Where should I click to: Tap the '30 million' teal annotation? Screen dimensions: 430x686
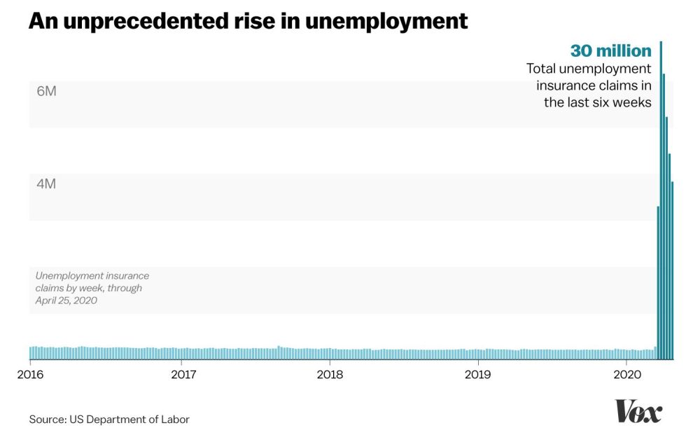pyautogui.click(x=610, y=51)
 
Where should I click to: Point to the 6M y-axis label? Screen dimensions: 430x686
pyautogui.click(x=46, y=92)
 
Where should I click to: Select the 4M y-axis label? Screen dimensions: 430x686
pyautogui.click(x=46, y=184)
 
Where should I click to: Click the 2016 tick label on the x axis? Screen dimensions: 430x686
pyautogui.click(x=30, y=374)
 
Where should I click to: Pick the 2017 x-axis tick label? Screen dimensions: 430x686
pyautogui.click(x=183, y=374)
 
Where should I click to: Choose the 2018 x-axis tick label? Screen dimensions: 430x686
pyautogui.click(x=330, y=374)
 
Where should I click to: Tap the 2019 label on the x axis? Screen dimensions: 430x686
pyautogui.click(x=478, y=374)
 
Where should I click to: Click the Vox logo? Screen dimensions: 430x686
pyautogui.click(x=638, y=411)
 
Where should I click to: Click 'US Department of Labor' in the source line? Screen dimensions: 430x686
pyautogui.click(x=129, y=419)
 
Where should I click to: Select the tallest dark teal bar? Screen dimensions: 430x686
pyautogui.click(x=661, y=210)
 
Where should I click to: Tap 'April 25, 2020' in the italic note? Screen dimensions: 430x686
pyautogui.click(x=66, y=300)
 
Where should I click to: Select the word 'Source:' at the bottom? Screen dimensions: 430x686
pyautogui.click(x=48, y=419)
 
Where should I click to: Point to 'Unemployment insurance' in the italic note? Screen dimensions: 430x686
pyautogui.click(x=92, y=276)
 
